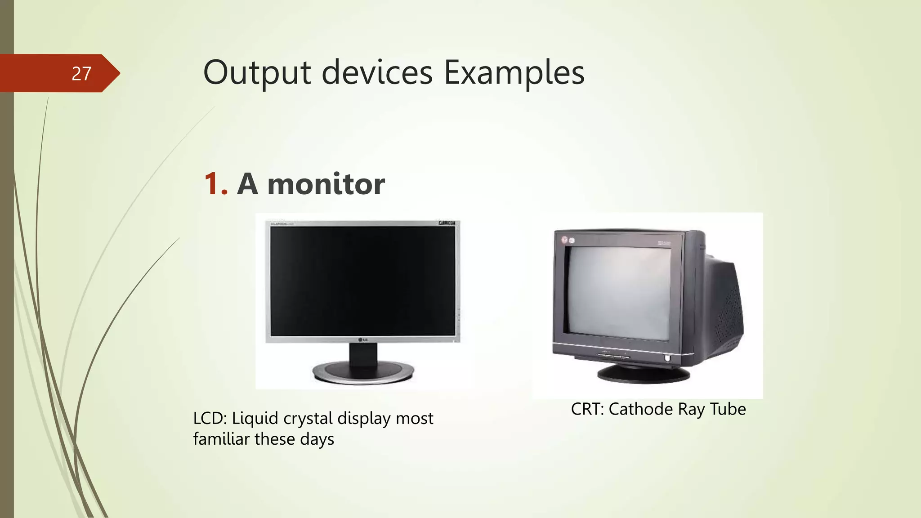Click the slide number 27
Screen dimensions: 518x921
pos(81,74)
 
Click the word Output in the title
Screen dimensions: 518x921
pos(257,73)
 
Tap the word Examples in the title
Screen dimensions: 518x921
pos(514,73)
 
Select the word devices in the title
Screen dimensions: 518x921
pos(377,73)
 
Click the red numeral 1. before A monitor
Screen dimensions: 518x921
pos(215,184)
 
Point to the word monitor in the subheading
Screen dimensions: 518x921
pos(326,184)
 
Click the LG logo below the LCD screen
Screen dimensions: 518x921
pos(362,339)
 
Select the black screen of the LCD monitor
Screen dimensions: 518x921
pos(362,281)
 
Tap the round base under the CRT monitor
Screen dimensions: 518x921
pos(643,374)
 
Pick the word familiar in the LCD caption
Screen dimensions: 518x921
pos(221,439)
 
